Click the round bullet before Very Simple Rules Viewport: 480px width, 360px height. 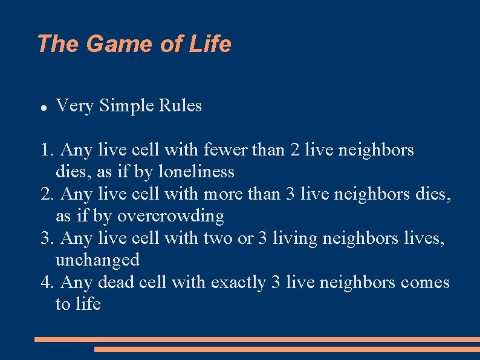coord(43,107)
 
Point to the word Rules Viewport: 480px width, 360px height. coord(180,106)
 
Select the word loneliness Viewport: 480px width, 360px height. coord(196,172)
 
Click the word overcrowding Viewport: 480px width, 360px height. coord(170,216)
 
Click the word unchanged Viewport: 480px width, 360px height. coord(97,260)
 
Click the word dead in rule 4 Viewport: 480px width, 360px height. coord(115,283)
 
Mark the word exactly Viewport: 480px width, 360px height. coord(238,283)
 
